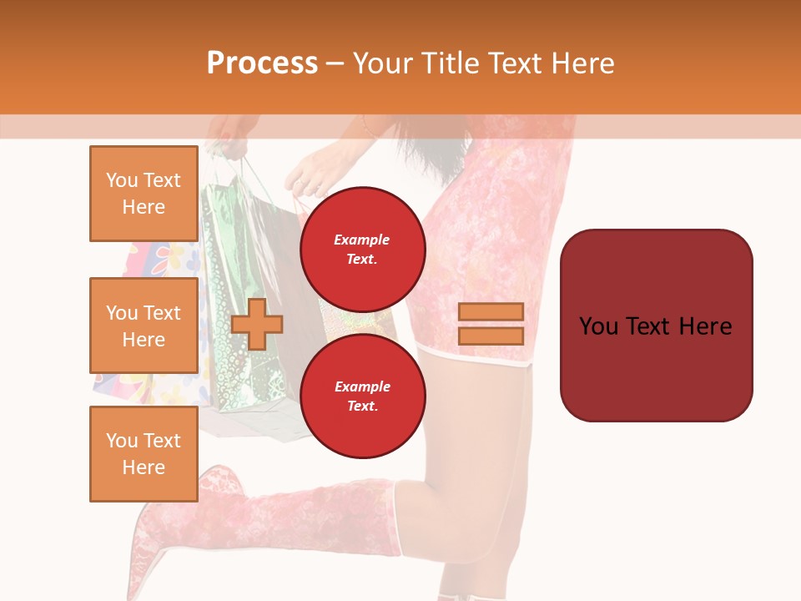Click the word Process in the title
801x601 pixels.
point(262,63)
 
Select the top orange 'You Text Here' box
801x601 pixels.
point(144,194)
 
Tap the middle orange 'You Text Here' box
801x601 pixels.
point(144,326)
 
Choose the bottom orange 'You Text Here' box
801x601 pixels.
point(144,453)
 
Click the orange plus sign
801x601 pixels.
point(257,324)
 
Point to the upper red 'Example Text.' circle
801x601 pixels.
point(362,250)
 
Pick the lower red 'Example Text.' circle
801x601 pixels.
point(362,396)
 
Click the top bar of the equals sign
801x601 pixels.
point(491,311)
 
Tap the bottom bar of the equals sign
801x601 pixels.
point(491,336)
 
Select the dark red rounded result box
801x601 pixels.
point(656,326)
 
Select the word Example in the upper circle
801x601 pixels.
point(362,240)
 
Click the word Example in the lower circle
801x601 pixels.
point(362,386)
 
